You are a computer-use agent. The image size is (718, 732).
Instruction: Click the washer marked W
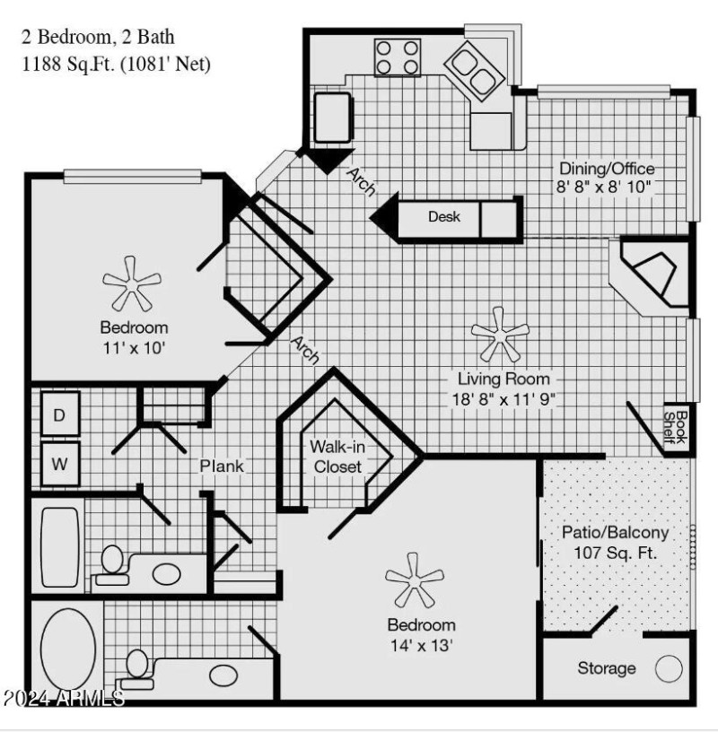(x=59, y=465)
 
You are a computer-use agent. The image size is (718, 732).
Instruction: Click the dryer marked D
(x=59, y=414)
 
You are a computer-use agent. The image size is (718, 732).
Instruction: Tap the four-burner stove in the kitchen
(x=398, y=56)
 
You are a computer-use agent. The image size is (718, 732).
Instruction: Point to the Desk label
(x=443, y=217)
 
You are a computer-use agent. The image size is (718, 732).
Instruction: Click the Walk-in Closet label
(x=336, y=457)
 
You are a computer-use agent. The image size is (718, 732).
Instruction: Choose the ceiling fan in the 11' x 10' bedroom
(x=133, y=282)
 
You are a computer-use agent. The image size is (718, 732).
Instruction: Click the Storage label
(x=607, y=668)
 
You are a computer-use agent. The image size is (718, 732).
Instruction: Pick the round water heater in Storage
(x=669, y=669)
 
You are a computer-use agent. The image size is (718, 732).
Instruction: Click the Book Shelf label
(x=680, y=428)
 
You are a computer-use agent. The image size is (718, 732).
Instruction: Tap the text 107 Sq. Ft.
(x=616, y=552)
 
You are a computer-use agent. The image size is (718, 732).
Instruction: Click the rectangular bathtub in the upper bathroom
(x=59, y=545)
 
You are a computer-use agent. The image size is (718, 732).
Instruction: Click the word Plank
(x=221, y=466)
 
